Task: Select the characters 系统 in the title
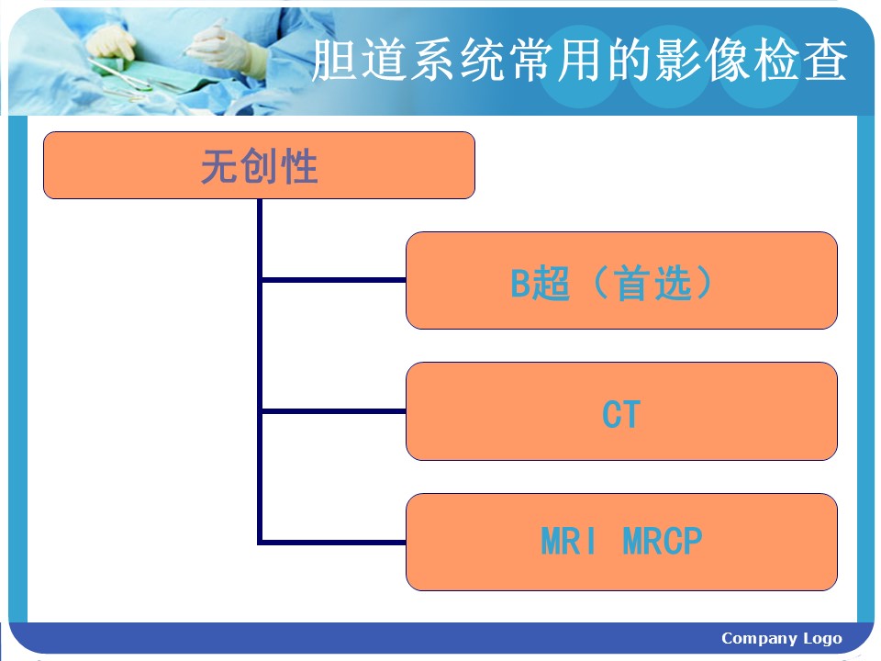pos(457,61)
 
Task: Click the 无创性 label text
pos(260,166)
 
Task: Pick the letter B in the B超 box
pos(520,283)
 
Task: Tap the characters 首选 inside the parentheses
pos(652,283)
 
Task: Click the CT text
pos(621,414)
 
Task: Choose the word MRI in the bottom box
pos(567,542)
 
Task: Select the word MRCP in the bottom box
pos(663,542)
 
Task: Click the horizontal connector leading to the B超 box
pos(334,279)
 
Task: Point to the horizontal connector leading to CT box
pos(334,411)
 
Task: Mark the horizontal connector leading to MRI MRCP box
pos(332,543)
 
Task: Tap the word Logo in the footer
pos(822,639)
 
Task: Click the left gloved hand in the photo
pos(111,44)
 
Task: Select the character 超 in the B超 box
pos(552,283)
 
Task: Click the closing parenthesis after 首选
pos(703,283)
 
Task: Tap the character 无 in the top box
pos(219,166)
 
